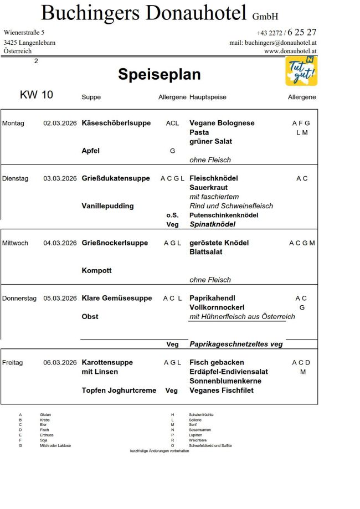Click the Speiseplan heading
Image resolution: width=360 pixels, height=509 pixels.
pos(159,75)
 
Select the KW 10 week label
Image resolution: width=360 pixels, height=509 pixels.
pos(37,95)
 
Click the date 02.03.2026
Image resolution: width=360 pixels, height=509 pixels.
pos(60,123)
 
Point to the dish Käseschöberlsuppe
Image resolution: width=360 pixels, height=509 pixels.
pos(116,123)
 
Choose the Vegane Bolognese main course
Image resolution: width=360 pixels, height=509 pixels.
pos(222,123)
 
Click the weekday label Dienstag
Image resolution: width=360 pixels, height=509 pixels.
pos(14,178)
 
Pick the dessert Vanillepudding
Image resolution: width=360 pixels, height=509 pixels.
pos(107,206)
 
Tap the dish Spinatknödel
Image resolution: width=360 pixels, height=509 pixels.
pos(212,224)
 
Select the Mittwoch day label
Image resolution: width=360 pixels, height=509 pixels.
pos(15,243)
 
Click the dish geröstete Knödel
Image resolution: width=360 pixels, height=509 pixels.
pos(219,243)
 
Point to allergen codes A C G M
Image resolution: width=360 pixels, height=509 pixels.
pos(302,243)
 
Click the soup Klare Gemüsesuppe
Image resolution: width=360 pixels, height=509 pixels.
pos(116,298)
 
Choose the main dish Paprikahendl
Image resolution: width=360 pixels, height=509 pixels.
pos(213,298)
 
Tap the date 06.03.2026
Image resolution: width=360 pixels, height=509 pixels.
pos(60,362)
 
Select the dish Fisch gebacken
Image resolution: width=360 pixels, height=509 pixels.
pos(217,362)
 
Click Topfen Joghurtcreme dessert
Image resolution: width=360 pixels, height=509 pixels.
pos(119,390)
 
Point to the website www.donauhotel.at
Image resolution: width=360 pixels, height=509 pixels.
pos(290,51)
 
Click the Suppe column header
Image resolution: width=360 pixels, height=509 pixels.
pos(91,97)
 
